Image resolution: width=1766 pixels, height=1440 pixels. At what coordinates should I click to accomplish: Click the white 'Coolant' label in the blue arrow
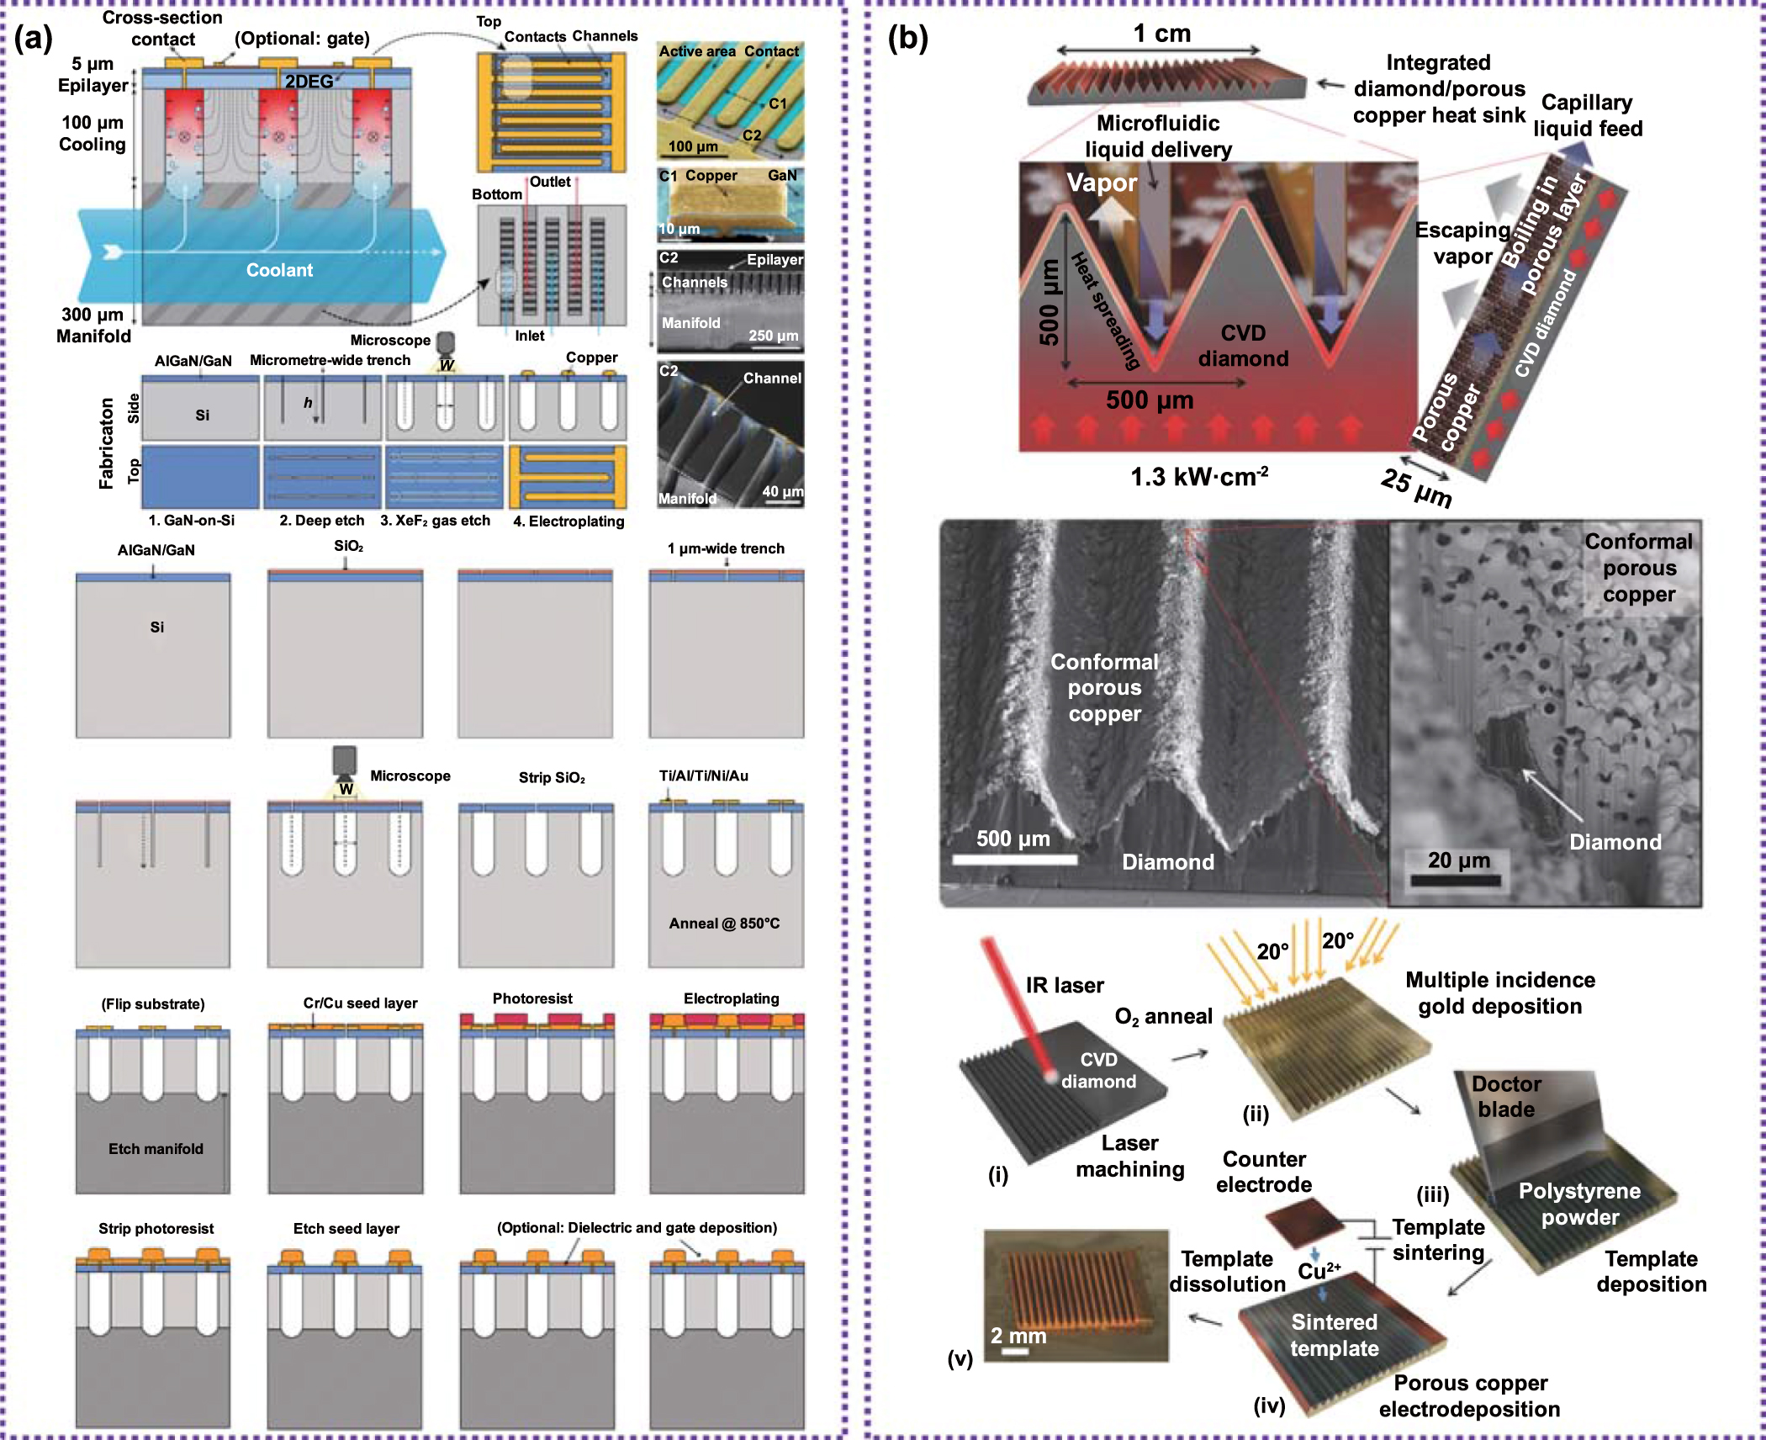[x=279, y=270]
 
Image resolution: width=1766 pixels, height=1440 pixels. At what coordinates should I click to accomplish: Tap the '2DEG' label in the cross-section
[x=309, y=82]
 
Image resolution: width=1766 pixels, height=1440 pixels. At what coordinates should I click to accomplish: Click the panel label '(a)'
[x=34, y=38]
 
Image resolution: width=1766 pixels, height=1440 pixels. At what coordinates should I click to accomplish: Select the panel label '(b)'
[x=908, y=38]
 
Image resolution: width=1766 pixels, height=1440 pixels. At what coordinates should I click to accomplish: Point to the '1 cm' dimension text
[x=1161, y=34]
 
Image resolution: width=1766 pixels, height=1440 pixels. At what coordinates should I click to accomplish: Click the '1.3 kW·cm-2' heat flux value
[x=1198, y=477]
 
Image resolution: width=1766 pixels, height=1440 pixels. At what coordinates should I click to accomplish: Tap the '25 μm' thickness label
[x=1417, y=488]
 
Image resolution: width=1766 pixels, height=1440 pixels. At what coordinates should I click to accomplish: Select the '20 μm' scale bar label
[x=1458, y=860]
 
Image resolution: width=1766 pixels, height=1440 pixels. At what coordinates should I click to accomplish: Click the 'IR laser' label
[x=1065, y=985]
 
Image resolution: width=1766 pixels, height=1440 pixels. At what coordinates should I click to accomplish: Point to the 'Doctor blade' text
[x=1506, y=1096]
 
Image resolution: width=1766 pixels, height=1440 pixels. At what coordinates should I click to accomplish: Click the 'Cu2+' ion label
[x=1319, y=1271]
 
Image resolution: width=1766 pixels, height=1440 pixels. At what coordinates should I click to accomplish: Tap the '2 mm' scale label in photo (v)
[x=1018, y=1336]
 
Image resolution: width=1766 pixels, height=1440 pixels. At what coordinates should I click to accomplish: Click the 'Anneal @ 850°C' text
[x=724, y=924]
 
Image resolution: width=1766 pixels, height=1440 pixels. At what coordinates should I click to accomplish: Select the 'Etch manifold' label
[x=156, y=1149]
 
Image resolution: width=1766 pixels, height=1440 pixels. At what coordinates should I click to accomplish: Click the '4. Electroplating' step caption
[x=568, y=521]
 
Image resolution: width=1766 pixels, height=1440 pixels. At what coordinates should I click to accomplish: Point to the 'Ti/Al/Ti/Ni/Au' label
[x=704, y=776]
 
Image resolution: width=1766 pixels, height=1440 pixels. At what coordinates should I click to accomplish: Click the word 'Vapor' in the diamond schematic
[x=1102, y=183]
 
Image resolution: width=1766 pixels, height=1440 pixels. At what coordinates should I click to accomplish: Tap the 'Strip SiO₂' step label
[x=552, y=777]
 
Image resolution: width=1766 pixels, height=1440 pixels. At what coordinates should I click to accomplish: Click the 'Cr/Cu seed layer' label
[x=360, y=1003]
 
